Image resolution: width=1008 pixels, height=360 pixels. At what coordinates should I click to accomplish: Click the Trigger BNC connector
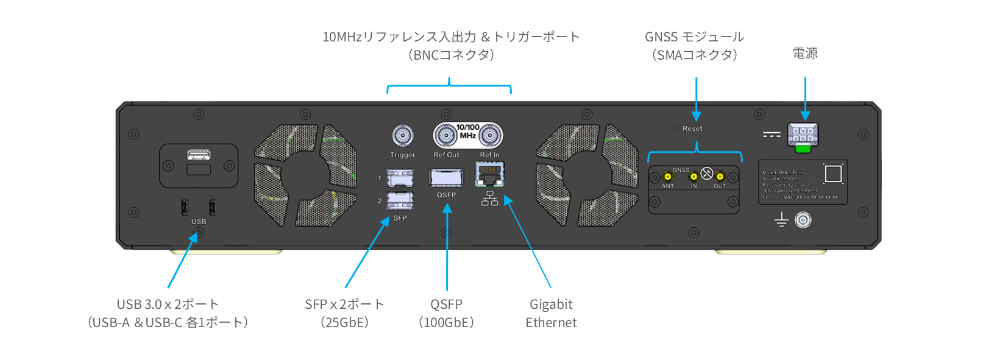pyautogui.click(x=402, y=135)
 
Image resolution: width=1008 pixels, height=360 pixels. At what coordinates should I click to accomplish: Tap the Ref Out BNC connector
pyautogui.click(x=446, y=135)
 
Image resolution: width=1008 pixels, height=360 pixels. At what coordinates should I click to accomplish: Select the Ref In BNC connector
pyautogui.click(x=490, y=135)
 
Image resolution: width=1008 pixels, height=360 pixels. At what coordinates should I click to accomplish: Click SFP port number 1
pyautogui.click(x=400, y=178)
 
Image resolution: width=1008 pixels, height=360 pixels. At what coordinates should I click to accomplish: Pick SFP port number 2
pyautogui.click(x=400, y=200)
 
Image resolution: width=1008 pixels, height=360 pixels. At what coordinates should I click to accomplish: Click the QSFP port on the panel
pyautogui.click(x=446, y=177)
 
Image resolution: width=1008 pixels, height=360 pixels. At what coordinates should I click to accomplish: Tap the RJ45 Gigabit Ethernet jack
pyautogui.click(x=490, y=175)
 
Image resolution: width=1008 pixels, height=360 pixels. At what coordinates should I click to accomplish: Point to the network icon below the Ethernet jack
pyautogui.click(x=490, y=199)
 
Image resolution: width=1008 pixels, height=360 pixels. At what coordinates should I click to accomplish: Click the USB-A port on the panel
pyautogui.click(x=199, y=155)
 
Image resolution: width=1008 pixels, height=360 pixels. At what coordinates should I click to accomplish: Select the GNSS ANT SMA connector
pyautogui.click(x=667, y=177)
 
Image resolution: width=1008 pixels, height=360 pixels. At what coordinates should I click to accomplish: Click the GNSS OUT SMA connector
pyautogui.click(x=720, y=177)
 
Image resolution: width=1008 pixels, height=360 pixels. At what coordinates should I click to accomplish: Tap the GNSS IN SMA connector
pyautogui.click(x=694, y=177)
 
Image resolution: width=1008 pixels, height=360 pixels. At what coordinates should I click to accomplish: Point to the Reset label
pyautogui.click(x=692, y=129)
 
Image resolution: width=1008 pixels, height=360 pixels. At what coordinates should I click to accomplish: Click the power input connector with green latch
pyautogui.click(x=803, y=136)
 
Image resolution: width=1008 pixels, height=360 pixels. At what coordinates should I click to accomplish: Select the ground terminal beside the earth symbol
pyautogui.click(x=803, y=220)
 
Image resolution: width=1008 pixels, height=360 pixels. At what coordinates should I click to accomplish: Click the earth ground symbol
pyautogui.click(x=781, y=220)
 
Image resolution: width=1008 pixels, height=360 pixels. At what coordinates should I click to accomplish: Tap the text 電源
pyautogui.click(x=805, y=54)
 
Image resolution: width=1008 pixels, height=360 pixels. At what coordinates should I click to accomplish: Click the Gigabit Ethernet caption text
pyautogui.click(x=551, y=313)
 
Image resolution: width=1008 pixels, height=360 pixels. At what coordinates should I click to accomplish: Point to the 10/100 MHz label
pyautogui.click(x=468, y=132)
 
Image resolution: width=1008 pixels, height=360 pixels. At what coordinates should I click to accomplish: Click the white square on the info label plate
pyautogui.click(x=833, y=174)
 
